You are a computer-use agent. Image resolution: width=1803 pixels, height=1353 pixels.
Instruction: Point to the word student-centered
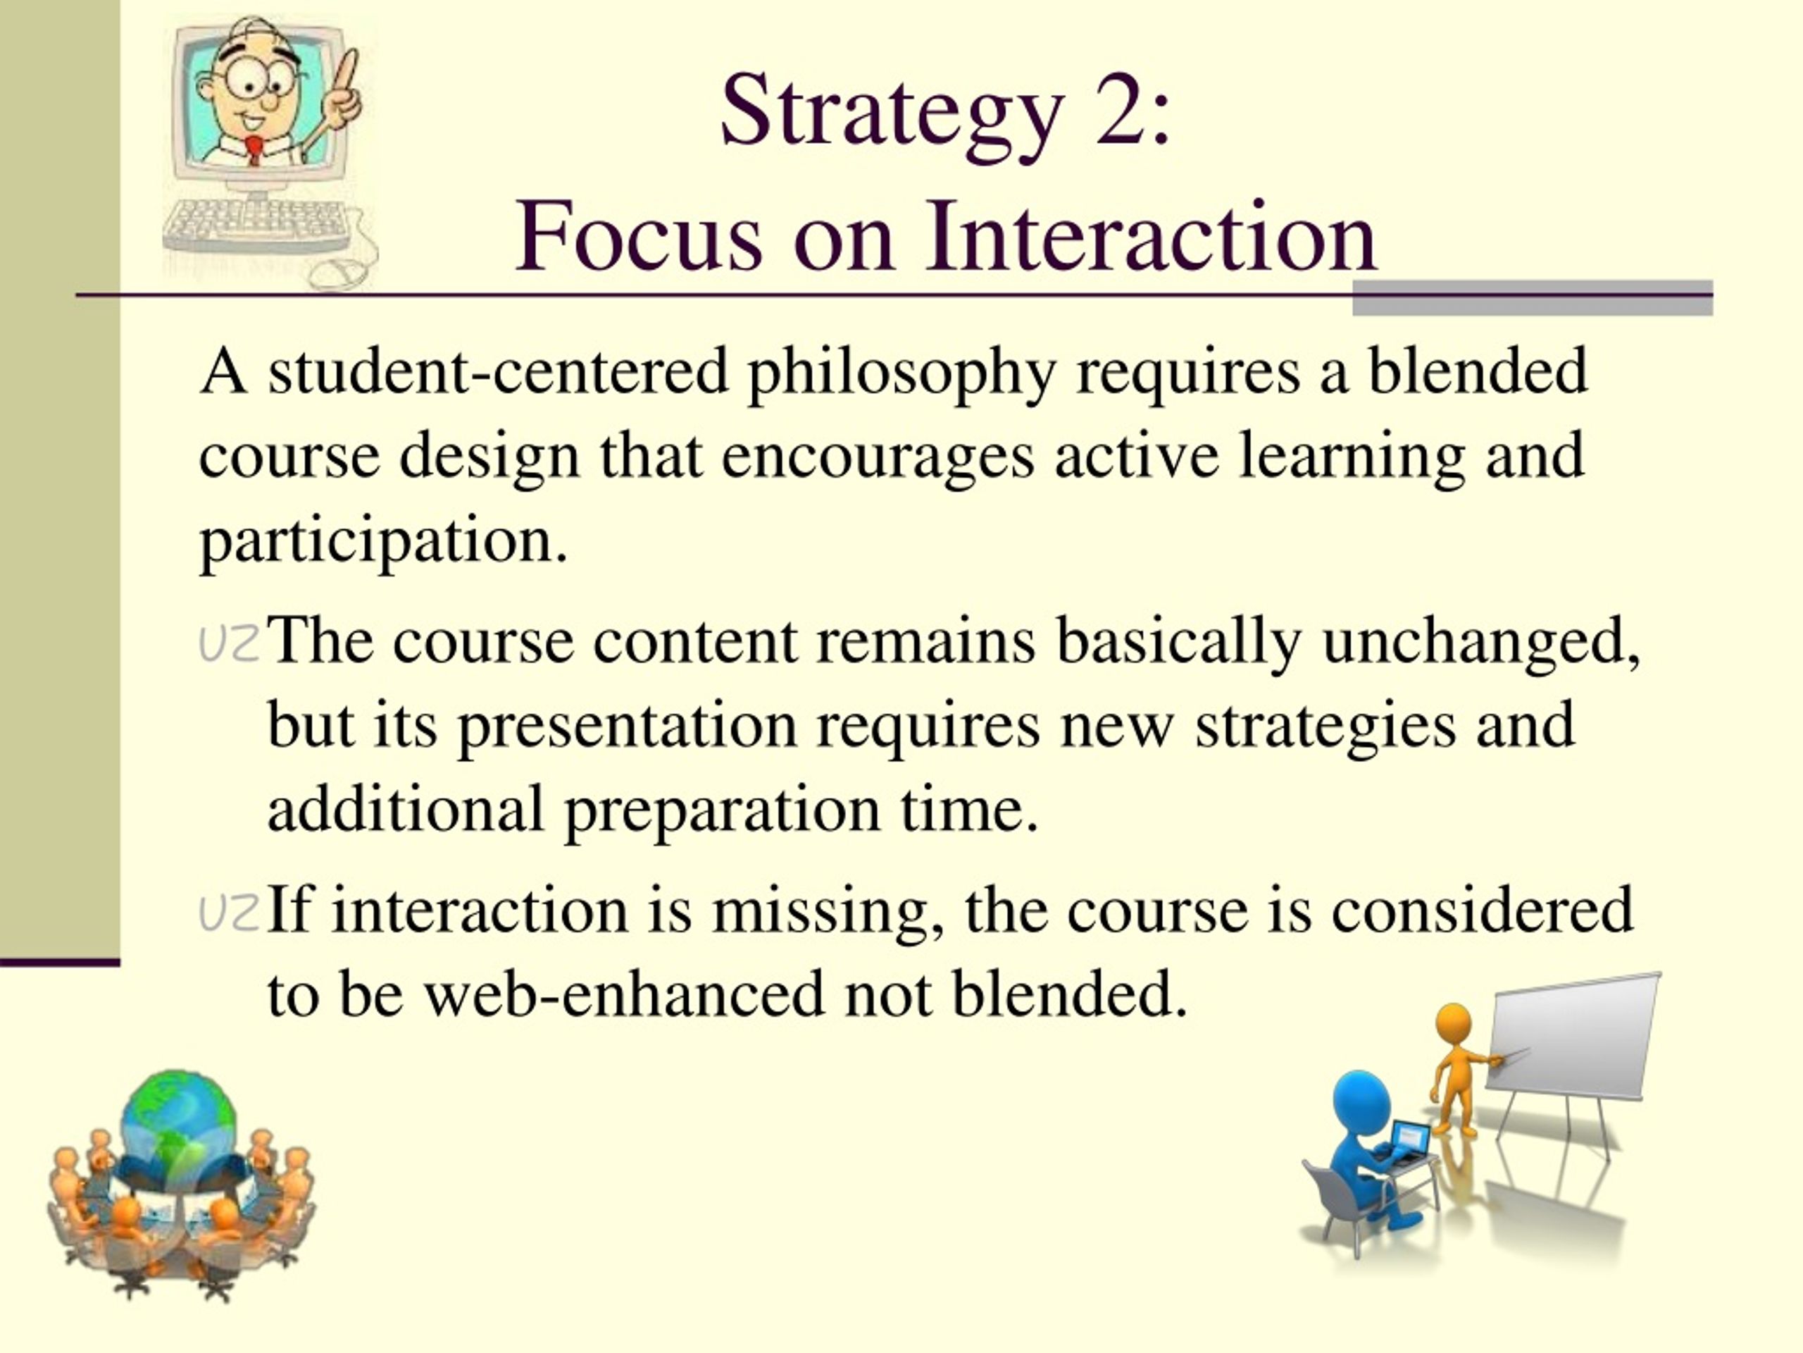click(x=498, y=371)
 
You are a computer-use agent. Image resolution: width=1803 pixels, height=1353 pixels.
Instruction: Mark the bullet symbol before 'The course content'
click(x=229, y=643)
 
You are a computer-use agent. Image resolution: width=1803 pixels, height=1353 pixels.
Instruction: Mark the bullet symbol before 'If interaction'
click(x=229, y=913)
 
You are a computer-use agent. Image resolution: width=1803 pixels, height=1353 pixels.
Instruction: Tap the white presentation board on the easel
click(x=1574, y=1035)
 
